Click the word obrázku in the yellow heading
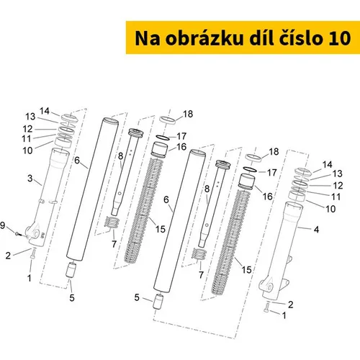coord(204,38)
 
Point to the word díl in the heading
coord(260,37)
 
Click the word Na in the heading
coord(148,38)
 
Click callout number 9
coord(2,225)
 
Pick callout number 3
coord(30,179)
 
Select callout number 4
coord(317,230)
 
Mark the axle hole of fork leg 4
coord(269,287)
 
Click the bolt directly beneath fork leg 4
coord(266,307)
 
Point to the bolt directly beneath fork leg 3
coord(33,253)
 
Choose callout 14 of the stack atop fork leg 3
coord(45,111)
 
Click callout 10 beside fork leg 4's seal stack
coord(330,209)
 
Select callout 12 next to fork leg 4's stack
coord(338,186)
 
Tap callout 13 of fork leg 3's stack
coord(30,117)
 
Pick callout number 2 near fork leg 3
coord(8,256)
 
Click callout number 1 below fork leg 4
coord(284,315)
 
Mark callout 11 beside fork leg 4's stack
coord(336,197)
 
